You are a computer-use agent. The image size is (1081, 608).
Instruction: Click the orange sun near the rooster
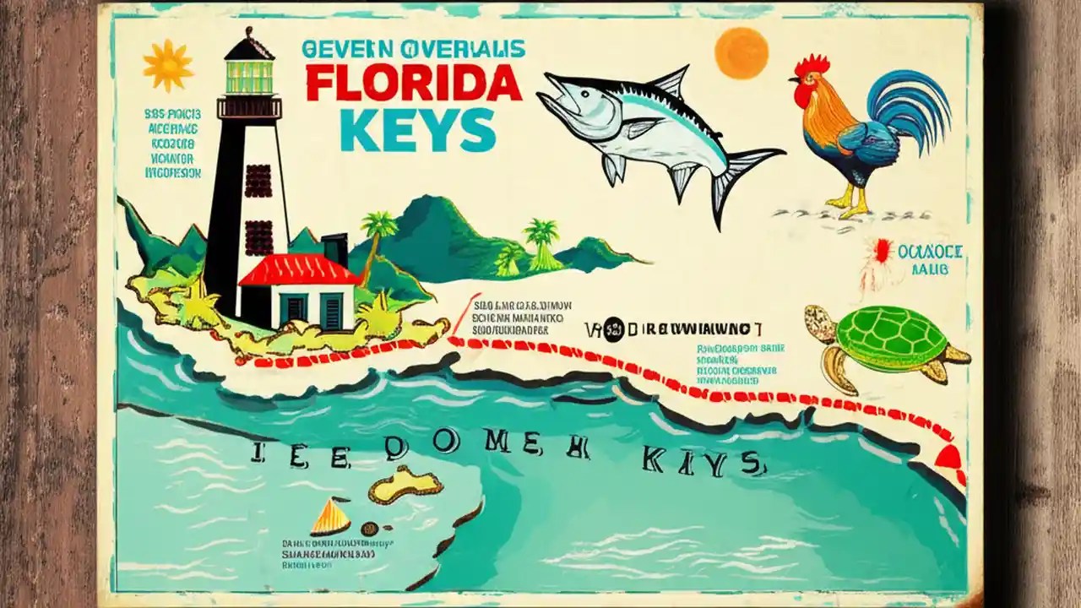coord(741,52)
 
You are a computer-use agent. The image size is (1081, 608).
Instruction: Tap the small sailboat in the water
coord(329,517)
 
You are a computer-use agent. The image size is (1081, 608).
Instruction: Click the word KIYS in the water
coord(700,461)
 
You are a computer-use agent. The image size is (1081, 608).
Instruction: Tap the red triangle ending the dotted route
coord(948,458)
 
